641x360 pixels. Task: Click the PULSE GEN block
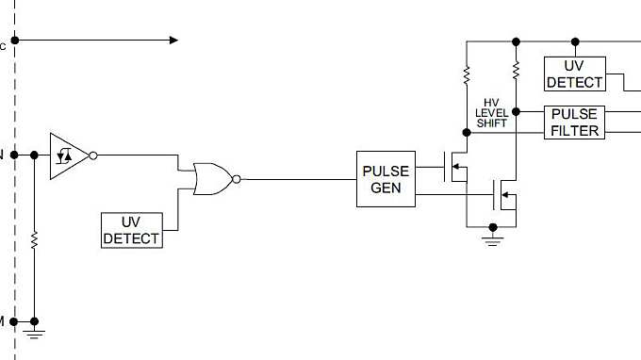[386, 179]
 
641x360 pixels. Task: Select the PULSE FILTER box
[575, 123]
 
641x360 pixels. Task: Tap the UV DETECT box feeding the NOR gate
[131, 230]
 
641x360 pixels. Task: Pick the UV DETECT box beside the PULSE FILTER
[575, 74]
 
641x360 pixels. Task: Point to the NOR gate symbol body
[212, 178]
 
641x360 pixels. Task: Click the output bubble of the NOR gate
[237, 178]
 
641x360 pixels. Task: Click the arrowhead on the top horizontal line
[173, 41]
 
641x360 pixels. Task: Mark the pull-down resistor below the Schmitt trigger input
[34, 240]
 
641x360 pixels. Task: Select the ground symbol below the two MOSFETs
[491, 239]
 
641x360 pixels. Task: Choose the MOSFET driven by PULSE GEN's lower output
[505, 196]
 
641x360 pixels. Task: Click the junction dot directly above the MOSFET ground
[491, 226]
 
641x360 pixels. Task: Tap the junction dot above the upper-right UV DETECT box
[575, 41]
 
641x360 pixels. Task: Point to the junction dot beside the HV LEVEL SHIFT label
[515, 111]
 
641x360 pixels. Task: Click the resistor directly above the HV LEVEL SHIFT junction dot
[515, 71]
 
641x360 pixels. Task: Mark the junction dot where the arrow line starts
[16, 41]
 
